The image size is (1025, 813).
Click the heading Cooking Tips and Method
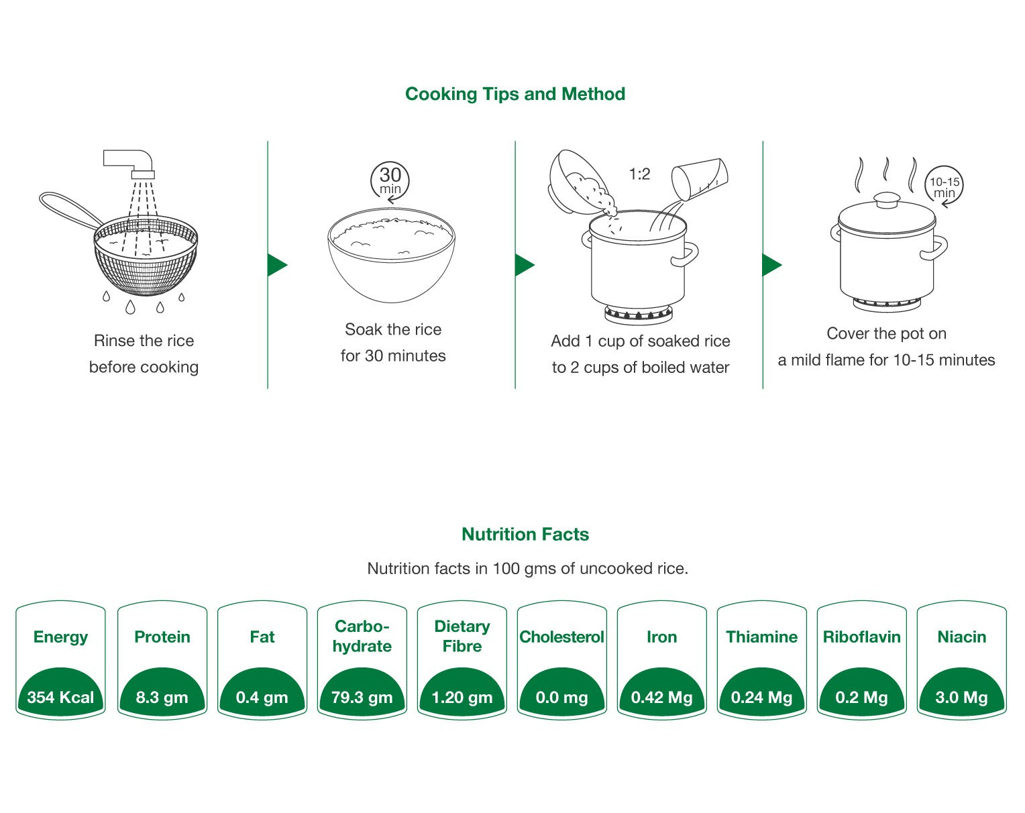[x=515, y=94]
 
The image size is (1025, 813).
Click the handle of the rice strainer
[x=67, y=209]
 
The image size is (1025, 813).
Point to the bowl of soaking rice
[x=391, y=255]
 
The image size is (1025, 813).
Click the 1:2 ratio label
[x=639, y=174]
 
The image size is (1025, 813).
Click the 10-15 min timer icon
[x=944, y=186]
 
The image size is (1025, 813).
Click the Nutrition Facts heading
[x=525, y=535]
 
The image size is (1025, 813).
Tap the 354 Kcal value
[x=60, y=698]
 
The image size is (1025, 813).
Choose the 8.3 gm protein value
[x=162, y=698]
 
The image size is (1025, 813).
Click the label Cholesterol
[x=561, y=637]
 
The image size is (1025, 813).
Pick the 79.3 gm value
[x=362, y=698]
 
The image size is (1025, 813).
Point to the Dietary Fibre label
[x=462, y=636]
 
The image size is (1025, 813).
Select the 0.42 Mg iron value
[x=661, y=698]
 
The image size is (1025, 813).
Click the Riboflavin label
[x=861, y=637]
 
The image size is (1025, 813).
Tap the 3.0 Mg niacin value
[x=961, y=698]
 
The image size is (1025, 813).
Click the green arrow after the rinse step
[x=276, y=265]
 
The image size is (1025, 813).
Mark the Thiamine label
[x=761, y=637]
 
